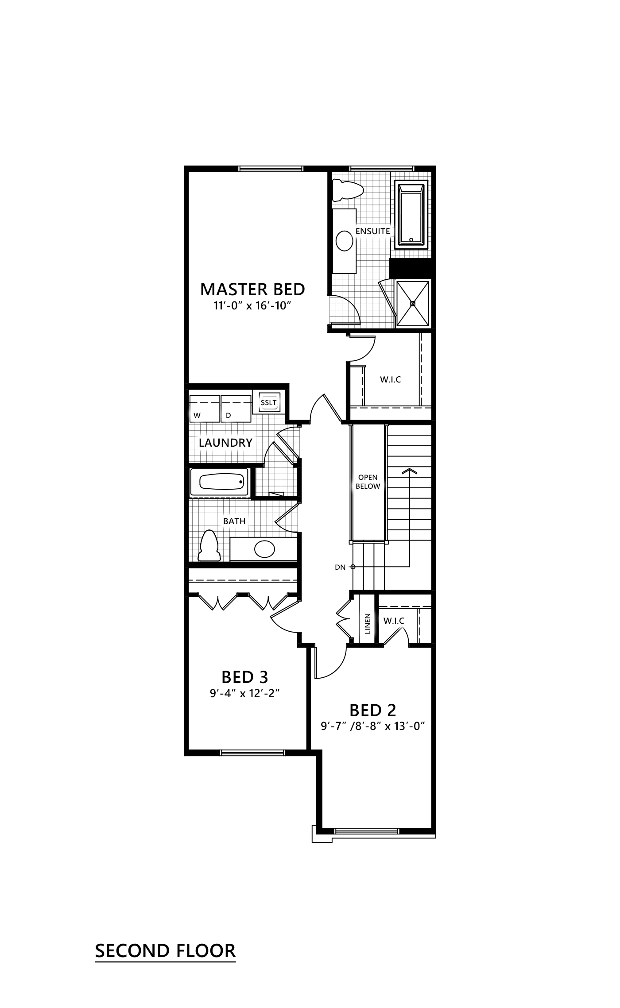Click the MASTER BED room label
[x=252, y=289]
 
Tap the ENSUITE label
[x=373, y=231]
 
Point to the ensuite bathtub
[x=412, y=215]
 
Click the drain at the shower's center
[x=412, y=303]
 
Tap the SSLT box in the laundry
[x=268, y=403]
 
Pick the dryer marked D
[x=236, y=409]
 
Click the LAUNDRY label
[x=225, y=442]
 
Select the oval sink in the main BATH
[x=264, y=549]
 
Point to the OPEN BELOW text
[x=368, y=482]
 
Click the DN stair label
[x=340, y=567]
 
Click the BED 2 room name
[x=372, y=710]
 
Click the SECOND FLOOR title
[x=165, y=951]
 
